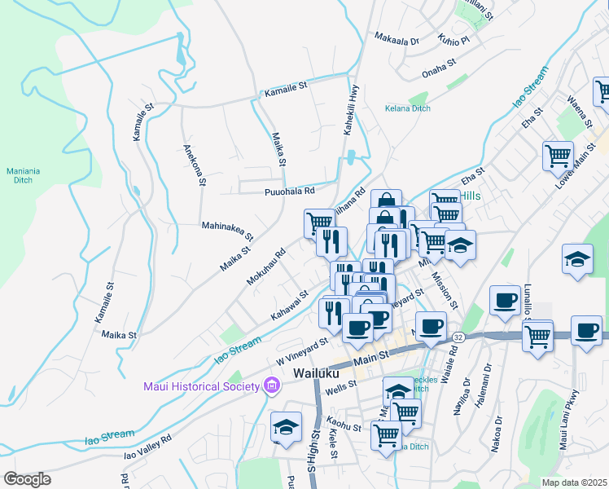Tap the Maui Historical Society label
click(x=199, y=385)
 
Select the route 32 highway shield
click(x=458, y=337)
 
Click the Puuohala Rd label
click(x=289, y=192)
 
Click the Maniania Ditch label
click(x=23, y=175)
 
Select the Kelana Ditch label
click(x=408, y=108)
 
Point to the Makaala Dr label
click(x=396, y=38)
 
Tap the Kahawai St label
click(x=290, y=305)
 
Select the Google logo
click(x=27, y=479)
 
